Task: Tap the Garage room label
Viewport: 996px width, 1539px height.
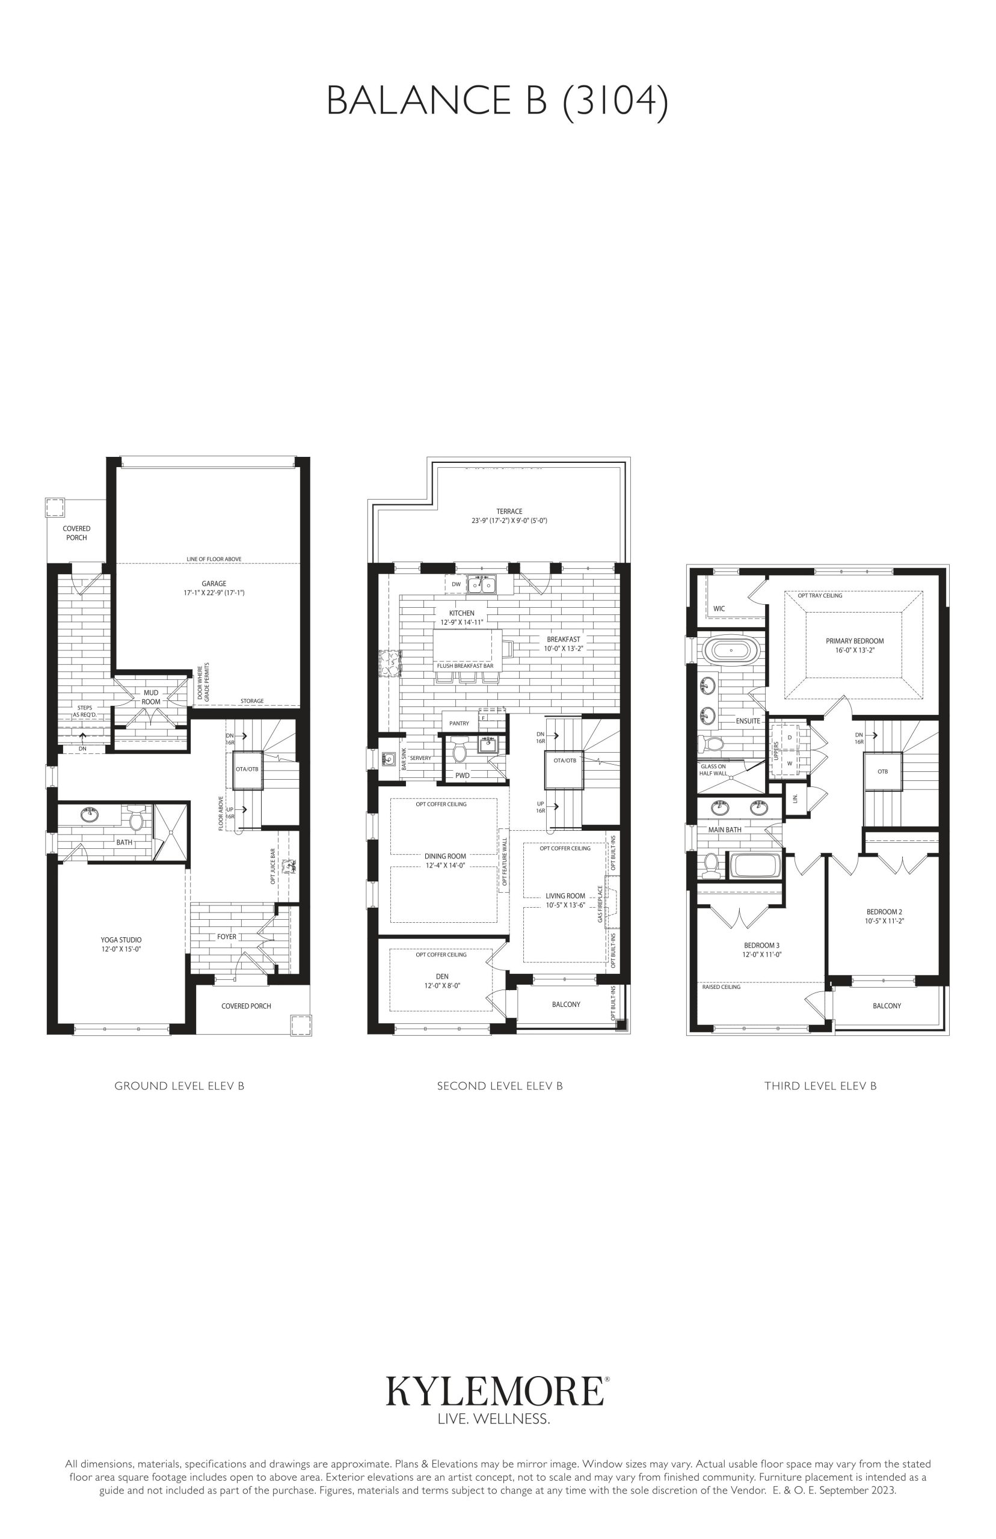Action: coord(214,584)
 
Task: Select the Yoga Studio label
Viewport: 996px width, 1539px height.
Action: coord(121,940)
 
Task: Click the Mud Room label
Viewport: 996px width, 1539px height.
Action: coord(151,697)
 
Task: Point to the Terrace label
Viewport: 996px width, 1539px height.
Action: coord(509,511)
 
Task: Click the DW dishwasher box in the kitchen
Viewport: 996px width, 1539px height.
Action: coord(456,584)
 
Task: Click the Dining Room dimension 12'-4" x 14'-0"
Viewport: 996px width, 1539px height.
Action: coord(445,865)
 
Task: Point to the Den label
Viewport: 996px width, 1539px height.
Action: coord(443,977)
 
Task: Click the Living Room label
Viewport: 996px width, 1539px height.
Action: coord(565,896)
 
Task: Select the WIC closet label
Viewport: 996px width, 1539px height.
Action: coord(719,608)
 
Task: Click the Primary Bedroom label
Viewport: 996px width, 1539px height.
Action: coord(855,641)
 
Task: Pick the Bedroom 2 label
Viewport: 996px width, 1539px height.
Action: coord(884,912)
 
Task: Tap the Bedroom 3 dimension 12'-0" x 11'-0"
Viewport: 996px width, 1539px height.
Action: coord(762,954)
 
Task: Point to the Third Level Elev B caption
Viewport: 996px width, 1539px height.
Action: coord(820,1086)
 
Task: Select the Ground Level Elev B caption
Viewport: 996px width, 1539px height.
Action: coord(179,1086)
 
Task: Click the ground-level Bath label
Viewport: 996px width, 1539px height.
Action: coord(124,842)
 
